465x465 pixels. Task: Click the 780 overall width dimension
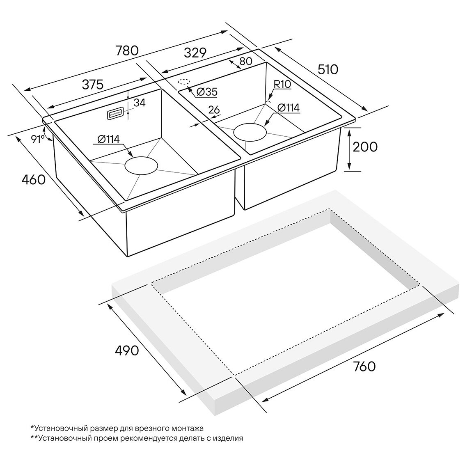point(127,51)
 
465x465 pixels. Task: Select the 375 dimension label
point(92,84)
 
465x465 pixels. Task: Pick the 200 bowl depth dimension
point(365,147)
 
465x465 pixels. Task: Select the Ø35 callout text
point(207,92)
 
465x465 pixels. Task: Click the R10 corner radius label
point(282,85)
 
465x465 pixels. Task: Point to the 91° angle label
point(38,139)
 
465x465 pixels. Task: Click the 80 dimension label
point(245,62)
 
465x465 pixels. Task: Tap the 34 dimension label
point(140,103)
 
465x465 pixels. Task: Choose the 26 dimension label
point(214,110)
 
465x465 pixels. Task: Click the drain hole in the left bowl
point(141,165)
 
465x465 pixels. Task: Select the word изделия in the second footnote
point(229,438)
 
